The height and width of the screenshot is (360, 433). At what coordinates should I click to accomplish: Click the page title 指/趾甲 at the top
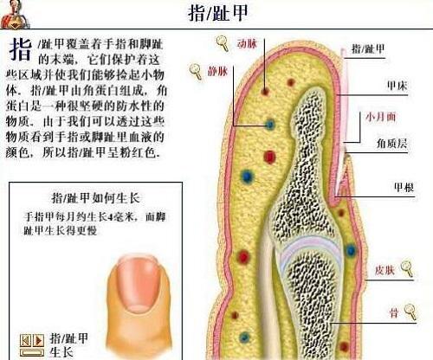point(217,13)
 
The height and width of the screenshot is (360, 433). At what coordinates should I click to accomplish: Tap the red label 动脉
point(247,43)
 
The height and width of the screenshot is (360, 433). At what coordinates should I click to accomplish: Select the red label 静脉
point(217,71)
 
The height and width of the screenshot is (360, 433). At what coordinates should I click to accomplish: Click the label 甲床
point(397,86)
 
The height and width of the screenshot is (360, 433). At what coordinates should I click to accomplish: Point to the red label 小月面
point(380,117)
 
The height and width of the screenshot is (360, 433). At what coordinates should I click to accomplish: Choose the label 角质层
point(391,143)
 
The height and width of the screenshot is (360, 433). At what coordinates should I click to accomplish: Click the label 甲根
point(404,188)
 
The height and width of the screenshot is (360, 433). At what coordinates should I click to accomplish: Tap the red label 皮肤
point(385,270)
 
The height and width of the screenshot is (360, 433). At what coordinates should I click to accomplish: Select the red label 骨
point(394,312)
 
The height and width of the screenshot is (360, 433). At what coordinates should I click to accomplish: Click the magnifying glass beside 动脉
point(223,43)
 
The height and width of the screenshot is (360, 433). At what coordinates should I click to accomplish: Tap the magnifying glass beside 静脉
point(196,72)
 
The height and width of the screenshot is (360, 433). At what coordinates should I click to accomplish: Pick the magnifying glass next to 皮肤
point(407,269)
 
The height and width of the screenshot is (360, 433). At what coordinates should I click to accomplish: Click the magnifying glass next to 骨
point(410,312)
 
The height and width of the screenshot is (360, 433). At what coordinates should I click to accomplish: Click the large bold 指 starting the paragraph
point(20,49)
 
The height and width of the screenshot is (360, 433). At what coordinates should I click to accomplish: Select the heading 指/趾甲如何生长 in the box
point(95,198)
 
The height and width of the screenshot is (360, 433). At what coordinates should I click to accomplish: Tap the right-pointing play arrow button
point(38,340)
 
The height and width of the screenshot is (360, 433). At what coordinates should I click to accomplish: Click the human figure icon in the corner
point(15,15)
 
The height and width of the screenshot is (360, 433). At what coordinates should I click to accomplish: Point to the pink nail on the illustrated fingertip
point(139,281)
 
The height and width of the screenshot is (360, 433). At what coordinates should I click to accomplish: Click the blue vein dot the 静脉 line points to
point(270,125)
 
